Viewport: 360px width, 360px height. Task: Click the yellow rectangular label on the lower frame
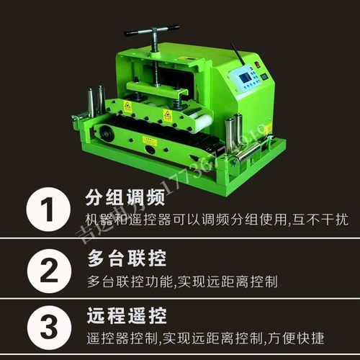click(x=150, y=141)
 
